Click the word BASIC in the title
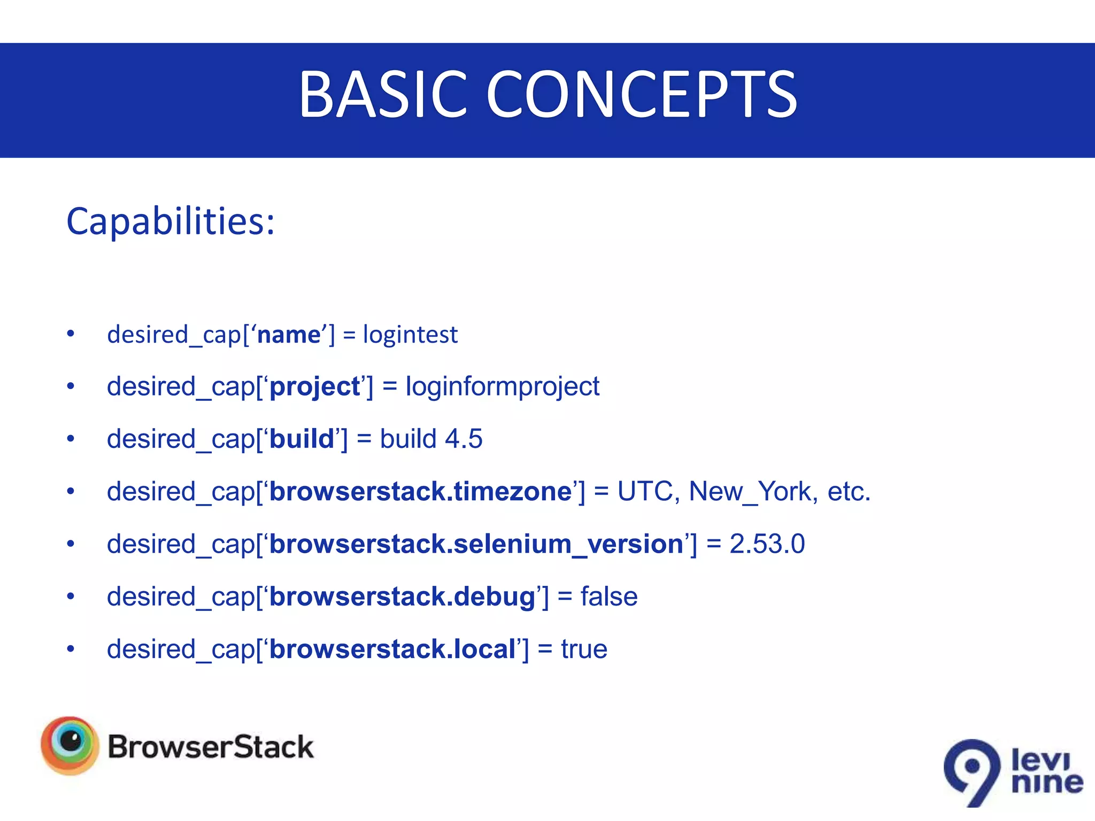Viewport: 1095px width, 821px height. pyautogui.click(x=382, y=95)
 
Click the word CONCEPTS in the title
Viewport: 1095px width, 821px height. pyautogui.click(x=642, y=95)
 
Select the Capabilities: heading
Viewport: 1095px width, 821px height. pyautogui.click(x=171, y=221)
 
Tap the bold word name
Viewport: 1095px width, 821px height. pyautogui.click(x=289, y=335)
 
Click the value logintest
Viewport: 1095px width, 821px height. pyautogui.click(x=410, y=335)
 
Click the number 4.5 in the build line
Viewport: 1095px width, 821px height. pyautogui.click(x=464, y=439)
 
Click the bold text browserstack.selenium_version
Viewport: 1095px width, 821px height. pyautogui.click(x=476, y=544)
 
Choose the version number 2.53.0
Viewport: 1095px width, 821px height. pyautogui.click(x=767, y=544)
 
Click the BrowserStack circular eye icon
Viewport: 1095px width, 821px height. pyautogui.click(x=70, y=745)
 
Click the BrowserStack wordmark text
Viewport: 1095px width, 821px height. pyautogui.click(x=210, y=747)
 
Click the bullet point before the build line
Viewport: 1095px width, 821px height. pyautogui.click(x=71, y=439)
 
